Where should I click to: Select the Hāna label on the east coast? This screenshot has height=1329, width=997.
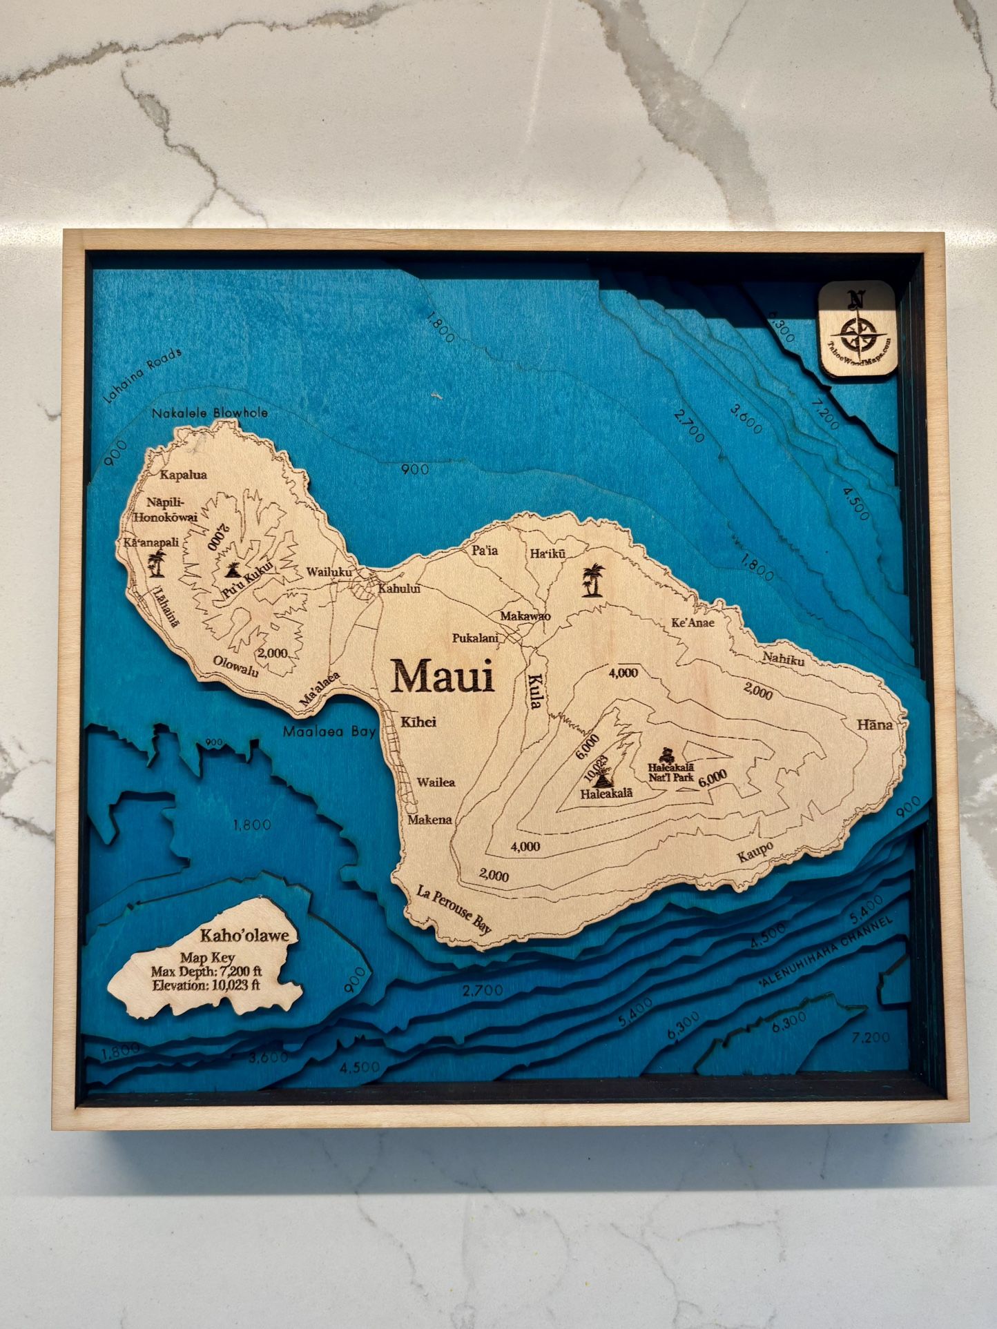coord(874,725)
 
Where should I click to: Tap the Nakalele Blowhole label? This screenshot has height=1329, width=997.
coord(209,413)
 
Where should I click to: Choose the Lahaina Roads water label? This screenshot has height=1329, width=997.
coord(142,375)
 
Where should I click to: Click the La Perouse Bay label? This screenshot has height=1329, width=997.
coord(454,911)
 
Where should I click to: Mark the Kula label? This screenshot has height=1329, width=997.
coord(535,691)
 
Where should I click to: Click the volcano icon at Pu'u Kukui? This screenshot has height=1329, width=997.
coord(232,571)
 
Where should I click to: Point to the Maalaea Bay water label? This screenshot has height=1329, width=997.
coord(329,731)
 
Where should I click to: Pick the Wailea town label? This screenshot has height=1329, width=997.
coord(436,782)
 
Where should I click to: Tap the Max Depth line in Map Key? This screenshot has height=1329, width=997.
coord(206,972)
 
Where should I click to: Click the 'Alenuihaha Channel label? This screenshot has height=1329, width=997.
coord(825,956)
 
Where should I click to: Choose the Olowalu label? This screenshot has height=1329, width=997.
coord(235,665)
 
